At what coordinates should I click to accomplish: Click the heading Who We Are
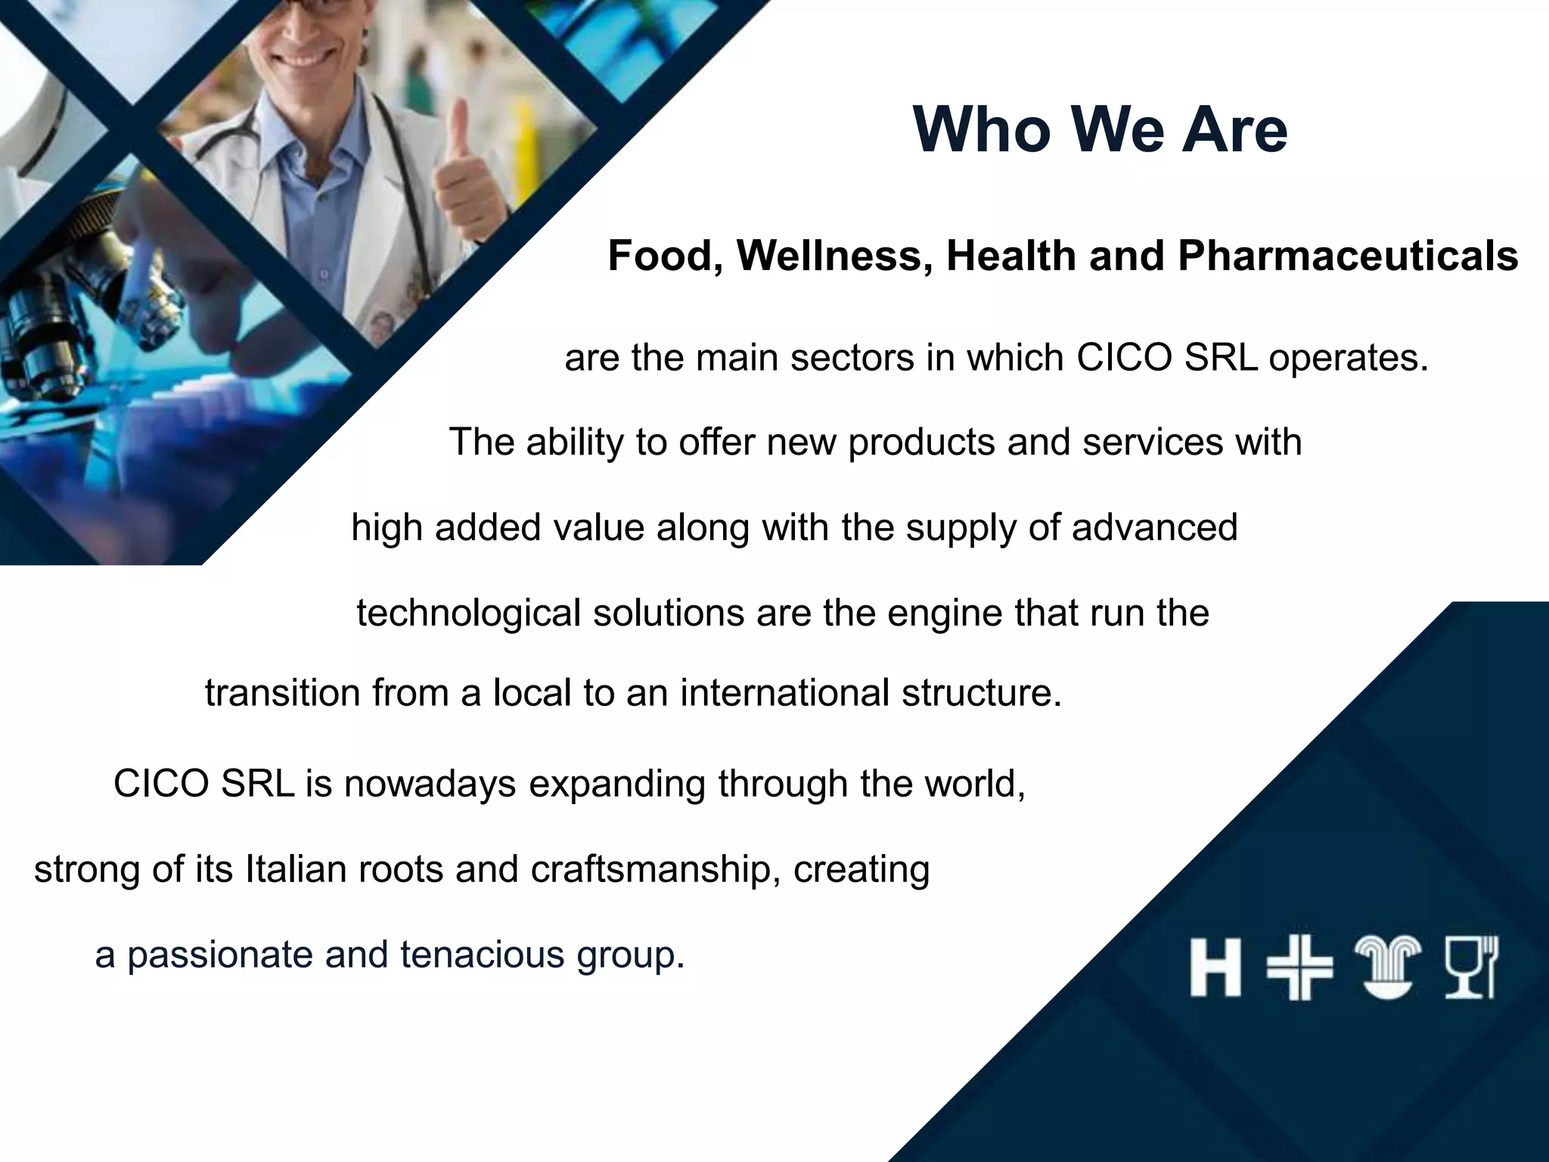[1100, 130]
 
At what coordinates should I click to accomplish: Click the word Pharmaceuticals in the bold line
[1348, 256]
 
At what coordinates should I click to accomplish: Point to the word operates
[1349, 359]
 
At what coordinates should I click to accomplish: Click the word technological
[468, 613]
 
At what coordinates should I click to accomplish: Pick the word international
[784, 693]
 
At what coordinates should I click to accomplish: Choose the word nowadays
[429, 785]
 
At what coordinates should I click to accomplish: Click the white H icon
[1215, 968]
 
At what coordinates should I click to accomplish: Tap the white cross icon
[1299, 968]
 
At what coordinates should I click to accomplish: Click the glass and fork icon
[1470, 968]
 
